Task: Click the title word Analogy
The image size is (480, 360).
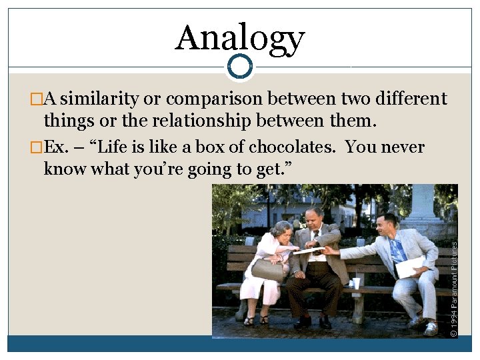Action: click(240, 38)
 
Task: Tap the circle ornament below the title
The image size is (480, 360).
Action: click(239, 66)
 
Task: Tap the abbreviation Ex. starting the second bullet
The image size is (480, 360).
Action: click(57, 147)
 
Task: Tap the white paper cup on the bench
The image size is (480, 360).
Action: click(356, 283)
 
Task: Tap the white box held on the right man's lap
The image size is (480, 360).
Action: click(409, 266)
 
